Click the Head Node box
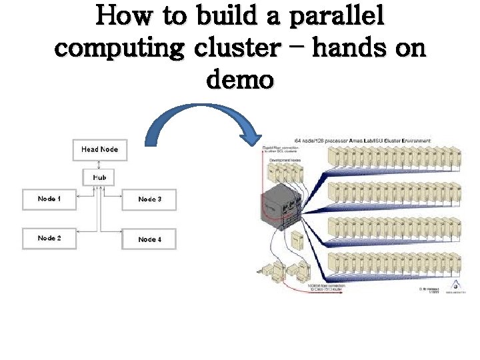click(99, 150)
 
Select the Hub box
click(99, 178)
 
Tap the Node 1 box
click(49, 199)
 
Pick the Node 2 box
click(49, 239)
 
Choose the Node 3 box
click(149, 199)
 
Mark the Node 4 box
click(149, 239)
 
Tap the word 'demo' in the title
click(240, 79)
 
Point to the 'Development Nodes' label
click(283, 161)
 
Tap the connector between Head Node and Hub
click(99, 164)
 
